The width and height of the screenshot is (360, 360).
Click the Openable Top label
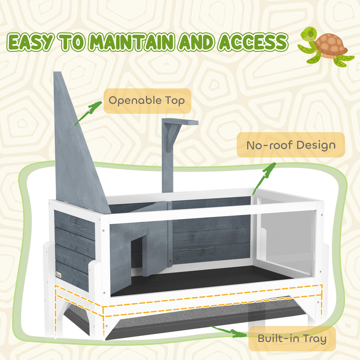click(x=147, y=101)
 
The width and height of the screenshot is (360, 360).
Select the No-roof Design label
click(x=291, y=145)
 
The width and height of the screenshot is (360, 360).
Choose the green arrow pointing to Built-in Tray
click(x=229, y=332)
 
